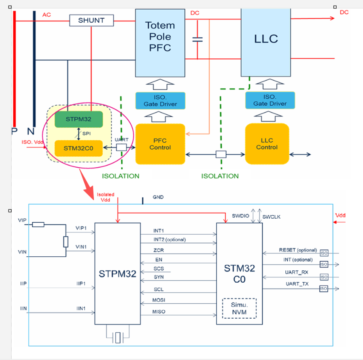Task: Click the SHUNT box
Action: pyautogui.click(x=91, y=20)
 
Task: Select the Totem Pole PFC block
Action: pyautogui.click(x=160, y=43)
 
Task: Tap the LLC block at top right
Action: pyautogui.click(x=266, y=39)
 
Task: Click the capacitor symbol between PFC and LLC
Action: pyautogui.click(x=197, y=39)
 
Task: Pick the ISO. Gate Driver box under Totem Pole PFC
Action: pyautogui.click(x=160, y=100)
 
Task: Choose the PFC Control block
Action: pyautogui.click(x=160, y=144)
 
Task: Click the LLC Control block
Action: pyautogui.click(x=267, y=144)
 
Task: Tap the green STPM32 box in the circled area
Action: pyautogui.click(x=79, y=119)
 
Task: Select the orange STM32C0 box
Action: pyautogui.click(x=79, y=148)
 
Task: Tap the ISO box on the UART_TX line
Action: pyautogui.click(x=323, y=289)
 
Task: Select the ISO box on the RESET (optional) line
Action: pyautogui.click(x=323, y=253)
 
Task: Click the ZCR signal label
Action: pyautogui.click(x=159, y=250)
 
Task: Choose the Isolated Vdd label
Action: pyautogui.click(x=106, y=197)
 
